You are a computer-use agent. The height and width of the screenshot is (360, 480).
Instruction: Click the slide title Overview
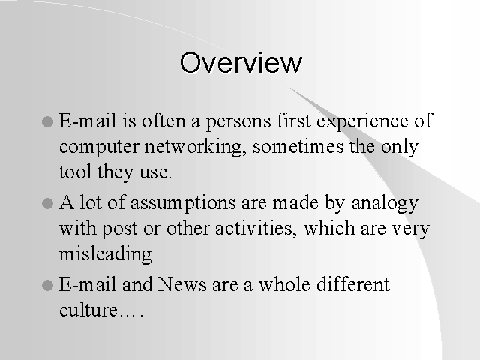pos(241,63)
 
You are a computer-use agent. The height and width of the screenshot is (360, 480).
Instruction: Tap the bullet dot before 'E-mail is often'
pos(47,121)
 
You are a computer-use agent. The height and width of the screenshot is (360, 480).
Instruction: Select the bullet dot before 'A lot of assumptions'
pos(47,203)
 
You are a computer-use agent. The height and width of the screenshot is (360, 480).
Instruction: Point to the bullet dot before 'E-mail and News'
pos(47,285)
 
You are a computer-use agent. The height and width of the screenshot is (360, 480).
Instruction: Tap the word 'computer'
pos(99,148)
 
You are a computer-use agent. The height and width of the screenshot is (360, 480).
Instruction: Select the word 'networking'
pos(196,147)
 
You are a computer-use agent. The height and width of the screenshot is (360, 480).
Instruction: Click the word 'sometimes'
pos(298,147)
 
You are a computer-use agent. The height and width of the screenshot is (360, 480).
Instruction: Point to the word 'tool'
pos(75,172)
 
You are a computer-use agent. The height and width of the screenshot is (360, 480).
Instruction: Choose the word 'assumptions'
pos(183,204)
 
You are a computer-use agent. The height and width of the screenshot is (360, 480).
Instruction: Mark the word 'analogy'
pos(385,203)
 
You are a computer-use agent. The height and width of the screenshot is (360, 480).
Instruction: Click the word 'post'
pos(120,229)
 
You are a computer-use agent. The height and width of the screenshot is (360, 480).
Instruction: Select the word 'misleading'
pos(105,254)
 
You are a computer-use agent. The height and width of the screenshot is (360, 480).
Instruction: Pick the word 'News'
pos(182,284)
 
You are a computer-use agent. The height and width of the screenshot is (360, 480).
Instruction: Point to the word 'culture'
pos(88,310)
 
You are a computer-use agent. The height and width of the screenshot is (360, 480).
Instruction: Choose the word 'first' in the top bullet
pos(294,121)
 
